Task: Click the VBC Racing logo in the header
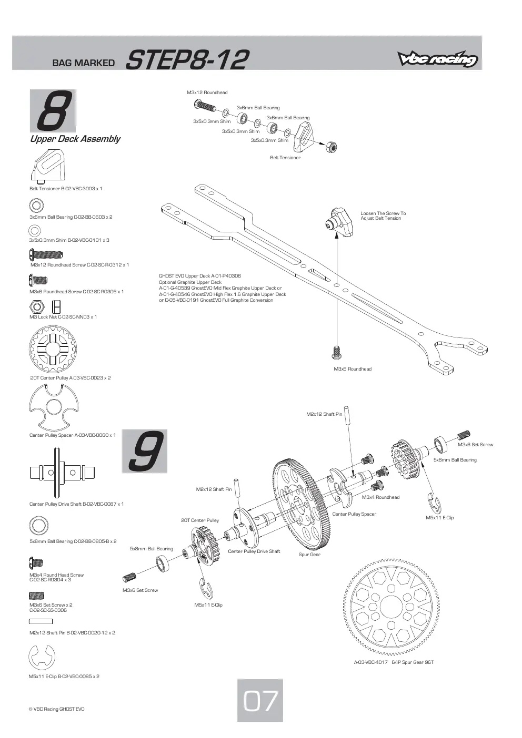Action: [437, 59]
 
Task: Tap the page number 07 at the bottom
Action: [260, 701]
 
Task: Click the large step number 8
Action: [54, 111]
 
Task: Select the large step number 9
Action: [145, 451]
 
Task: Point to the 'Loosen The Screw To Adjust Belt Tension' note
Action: [383, 216]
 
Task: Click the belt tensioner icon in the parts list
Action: [48, 166]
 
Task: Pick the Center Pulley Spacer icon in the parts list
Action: [54, 406]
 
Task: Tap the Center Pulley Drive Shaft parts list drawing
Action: [62, 473]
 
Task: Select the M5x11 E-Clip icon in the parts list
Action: [42, 657]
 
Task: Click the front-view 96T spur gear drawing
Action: [391, 607]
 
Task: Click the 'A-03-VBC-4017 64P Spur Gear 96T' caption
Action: [394, 662]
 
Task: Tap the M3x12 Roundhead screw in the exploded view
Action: [205, 106]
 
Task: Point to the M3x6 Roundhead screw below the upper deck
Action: [336, 352]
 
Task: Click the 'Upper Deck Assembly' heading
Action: [75, 139]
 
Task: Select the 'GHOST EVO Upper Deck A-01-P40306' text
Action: [200, 276]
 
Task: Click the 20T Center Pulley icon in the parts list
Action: [53, 349]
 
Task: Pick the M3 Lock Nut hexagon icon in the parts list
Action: [37, 307]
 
